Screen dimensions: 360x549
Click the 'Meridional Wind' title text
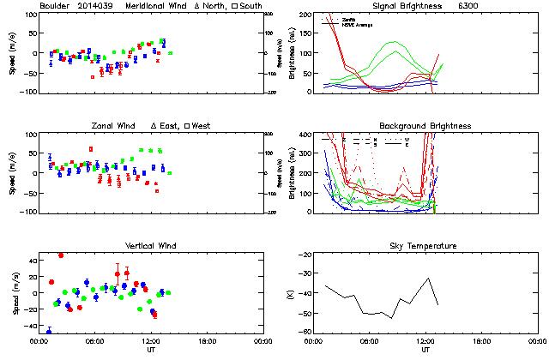click(x=112, y=6)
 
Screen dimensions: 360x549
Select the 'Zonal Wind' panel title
click(x=116, y=126)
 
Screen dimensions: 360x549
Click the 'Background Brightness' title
click(x=425, y=126)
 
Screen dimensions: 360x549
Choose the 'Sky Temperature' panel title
click(x=425, y=246)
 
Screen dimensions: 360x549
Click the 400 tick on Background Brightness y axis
click(x=305, y=135)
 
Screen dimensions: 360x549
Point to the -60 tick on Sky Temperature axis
click(x=306, y=331)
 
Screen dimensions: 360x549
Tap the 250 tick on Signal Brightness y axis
click(x=305, y=15)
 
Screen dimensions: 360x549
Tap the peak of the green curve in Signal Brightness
click(x=393, y=42)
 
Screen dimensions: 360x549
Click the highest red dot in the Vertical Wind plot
click(x=60, y=255)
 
